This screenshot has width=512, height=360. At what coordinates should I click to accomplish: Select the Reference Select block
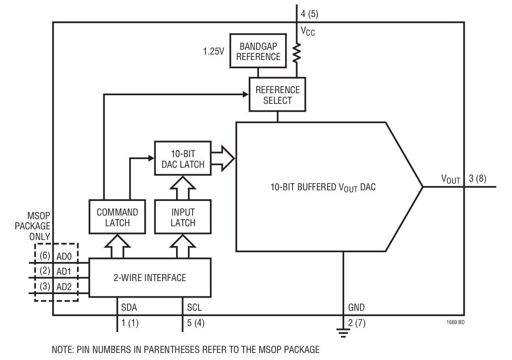[277, 95]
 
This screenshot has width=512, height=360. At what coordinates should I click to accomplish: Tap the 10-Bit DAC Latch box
[183, 158]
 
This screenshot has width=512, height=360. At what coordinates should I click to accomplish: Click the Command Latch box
[117, 217]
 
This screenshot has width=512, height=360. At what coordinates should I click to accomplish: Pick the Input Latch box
[183, 217]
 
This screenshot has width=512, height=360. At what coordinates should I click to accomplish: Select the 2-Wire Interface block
[150, 277]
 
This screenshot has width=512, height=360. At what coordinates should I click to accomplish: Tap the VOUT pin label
[450, 179]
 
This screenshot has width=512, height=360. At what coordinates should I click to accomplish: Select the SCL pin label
[194, 307]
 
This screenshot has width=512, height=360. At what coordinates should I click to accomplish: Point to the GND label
[356, 307]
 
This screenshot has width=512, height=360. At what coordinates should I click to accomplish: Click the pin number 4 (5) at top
[309, 14]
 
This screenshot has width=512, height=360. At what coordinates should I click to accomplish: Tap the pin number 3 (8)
[477, 178]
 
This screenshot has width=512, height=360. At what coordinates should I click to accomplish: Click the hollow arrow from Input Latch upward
[183, 188]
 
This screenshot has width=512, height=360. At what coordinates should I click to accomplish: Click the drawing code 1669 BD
[456, 322]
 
